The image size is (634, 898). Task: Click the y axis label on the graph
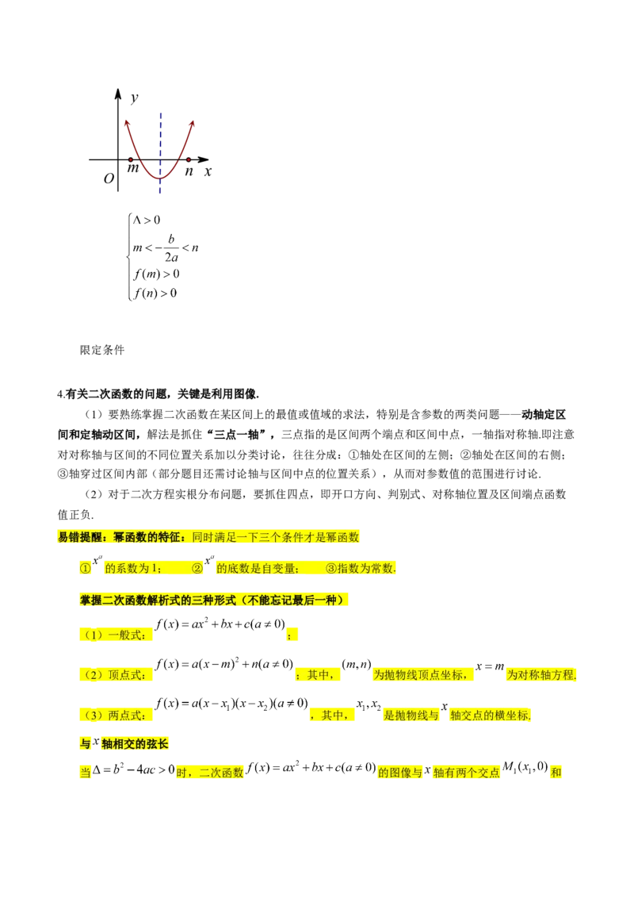pyautogui.click(x=134, y=98)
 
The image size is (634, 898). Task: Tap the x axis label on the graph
pyautogui.click(x=208, y=171)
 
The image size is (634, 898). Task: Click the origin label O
pyautogui.click(x=109, y=178)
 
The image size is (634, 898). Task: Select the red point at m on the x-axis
pyautogui.click(x=131, y=159)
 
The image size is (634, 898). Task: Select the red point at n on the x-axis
pyautogui.click(x=189, y=159)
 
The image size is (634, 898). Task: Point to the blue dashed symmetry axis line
pyautogui.click(x=160, y=153)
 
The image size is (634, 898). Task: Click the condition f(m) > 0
pyautogui.click(x=156, y=274)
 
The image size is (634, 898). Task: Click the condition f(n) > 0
pyautogui.click(x=155, y=294)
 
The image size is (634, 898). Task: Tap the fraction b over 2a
pyautogui.click(x=171, y=248)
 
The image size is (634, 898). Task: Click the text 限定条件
pyautogui.click(x=102, y=350)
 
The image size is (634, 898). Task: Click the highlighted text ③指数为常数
pyautogui.click(x=361, y=568)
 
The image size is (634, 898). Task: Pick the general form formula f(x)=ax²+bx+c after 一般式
pyautogui.click(x=220, y=624)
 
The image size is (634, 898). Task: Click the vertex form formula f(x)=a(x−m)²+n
pyautogui.click(x=224, y=664)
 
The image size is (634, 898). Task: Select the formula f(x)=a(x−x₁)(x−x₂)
pyautogui.click(x=231, y=704)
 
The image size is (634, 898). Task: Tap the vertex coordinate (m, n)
pyautogui.click(x=357, y=664)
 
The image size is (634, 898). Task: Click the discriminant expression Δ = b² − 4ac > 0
pyautogui.click(x=133, y=769)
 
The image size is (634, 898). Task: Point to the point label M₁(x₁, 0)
pyautogui.click(x=525, y=767)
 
